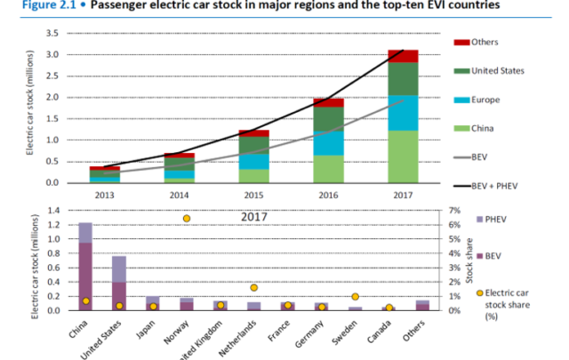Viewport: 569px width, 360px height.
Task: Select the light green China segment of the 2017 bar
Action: click(x=403, y=156)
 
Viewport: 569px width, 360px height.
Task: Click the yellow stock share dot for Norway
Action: click(x=187, y=219)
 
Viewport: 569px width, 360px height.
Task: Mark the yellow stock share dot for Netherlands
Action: click(x=254, y=287)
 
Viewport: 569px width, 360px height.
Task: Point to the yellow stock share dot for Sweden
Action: click(x=355, y=296)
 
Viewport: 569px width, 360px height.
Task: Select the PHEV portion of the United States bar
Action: click(x=118, y=268)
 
